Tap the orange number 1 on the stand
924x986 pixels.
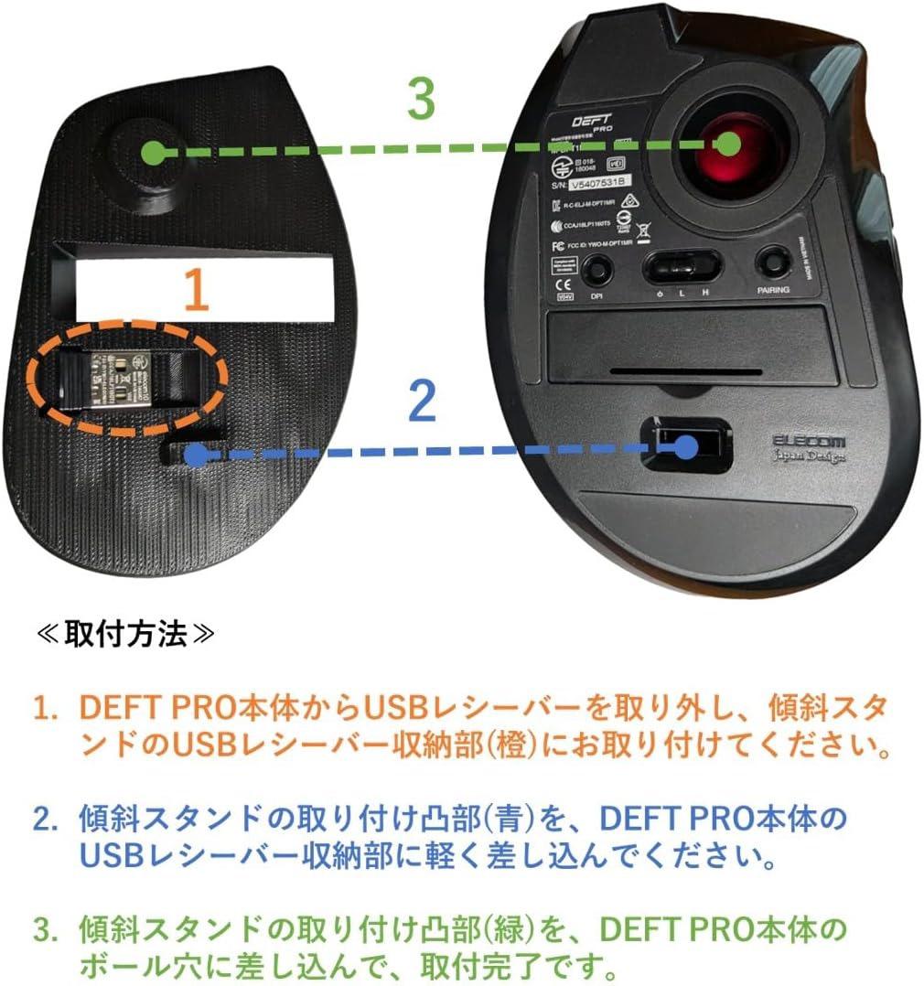click(198, 289)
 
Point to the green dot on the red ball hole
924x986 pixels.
click(728, 144)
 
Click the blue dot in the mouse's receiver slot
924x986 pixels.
click(687, 446)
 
